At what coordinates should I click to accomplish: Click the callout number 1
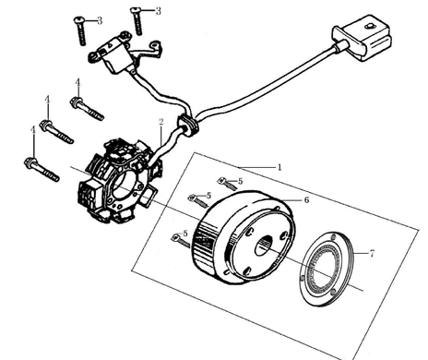click(279, 167)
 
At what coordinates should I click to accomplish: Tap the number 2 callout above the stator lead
click(161, 122)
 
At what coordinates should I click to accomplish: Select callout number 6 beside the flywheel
click(306, 200)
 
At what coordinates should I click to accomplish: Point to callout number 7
click(372, 254)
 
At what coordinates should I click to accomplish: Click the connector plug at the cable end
click(363, 39)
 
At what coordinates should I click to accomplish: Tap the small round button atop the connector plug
click(370, 27)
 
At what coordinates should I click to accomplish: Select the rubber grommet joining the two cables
click(187, 124)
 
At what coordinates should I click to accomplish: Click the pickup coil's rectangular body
click(113, 57)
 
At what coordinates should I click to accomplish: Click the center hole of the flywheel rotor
click(265, 246)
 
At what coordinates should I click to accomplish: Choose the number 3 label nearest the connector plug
click(158, 11)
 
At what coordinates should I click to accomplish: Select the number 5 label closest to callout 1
click(240, 181)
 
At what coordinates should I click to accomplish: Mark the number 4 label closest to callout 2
click(77, 82)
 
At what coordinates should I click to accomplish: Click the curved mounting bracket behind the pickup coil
click(147, 53)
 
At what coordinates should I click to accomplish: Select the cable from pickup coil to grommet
click(160, 95)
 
